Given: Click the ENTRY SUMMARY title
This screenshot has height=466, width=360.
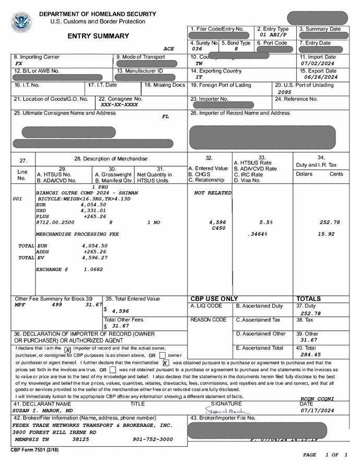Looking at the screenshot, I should coord(98,36).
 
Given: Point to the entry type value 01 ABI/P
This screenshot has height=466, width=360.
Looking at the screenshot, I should coord(273,35).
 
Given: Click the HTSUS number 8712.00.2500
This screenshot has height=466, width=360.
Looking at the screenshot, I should coord(55,222).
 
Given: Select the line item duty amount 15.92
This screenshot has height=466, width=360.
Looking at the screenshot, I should coord(326,234).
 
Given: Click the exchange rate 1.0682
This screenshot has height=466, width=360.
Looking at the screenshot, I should coord(93,270).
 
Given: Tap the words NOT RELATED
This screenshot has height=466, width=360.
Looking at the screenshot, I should coord(213,193).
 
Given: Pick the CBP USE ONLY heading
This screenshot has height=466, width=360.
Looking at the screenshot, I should coord(214,299).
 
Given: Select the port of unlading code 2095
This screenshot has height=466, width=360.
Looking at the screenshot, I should coord(285,91).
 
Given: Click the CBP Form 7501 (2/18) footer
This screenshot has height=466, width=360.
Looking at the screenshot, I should coord(35,449).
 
